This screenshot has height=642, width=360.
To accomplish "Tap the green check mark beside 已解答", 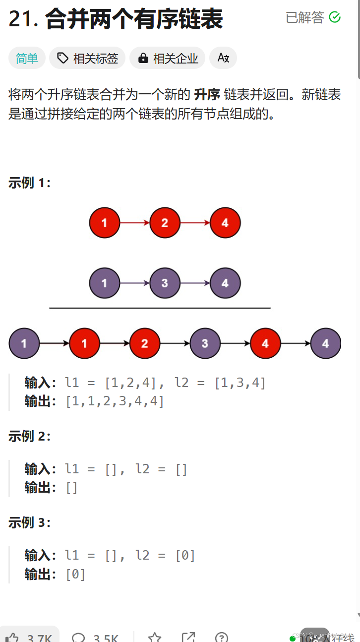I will tap(335, 17).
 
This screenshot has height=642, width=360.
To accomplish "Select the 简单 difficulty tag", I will tap(27, 59).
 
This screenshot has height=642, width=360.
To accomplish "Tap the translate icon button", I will tap(223, 58).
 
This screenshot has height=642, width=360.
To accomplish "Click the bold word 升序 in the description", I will tap(207, 95).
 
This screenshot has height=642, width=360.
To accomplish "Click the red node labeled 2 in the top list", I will tap(165, 223).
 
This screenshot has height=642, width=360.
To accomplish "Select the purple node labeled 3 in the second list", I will tap(165, 283).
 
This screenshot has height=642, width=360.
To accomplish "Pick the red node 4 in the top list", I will tap(225, 223).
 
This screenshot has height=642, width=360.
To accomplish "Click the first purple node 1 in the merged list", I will tap(24, 343).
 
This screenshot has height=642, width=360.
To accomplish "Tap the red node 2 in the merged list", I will tap(144, 343).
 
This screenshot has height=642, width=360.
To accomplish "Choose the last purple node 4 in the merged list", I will tap(326, 343).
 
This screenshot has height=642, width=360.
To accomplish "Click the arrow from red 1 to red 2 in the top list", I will tap(134, 223).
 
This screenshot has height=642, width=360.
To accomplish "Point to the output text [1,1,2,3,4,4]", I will tap(115, 401).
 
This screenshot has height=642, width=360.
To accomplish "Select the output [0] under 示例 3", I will tap(75, 575).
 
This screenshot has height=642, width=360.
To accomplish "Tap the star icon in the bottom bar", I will tap(155, 637).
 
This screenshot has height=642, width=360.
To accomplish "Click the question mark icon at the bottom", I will tap(222, 637).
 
